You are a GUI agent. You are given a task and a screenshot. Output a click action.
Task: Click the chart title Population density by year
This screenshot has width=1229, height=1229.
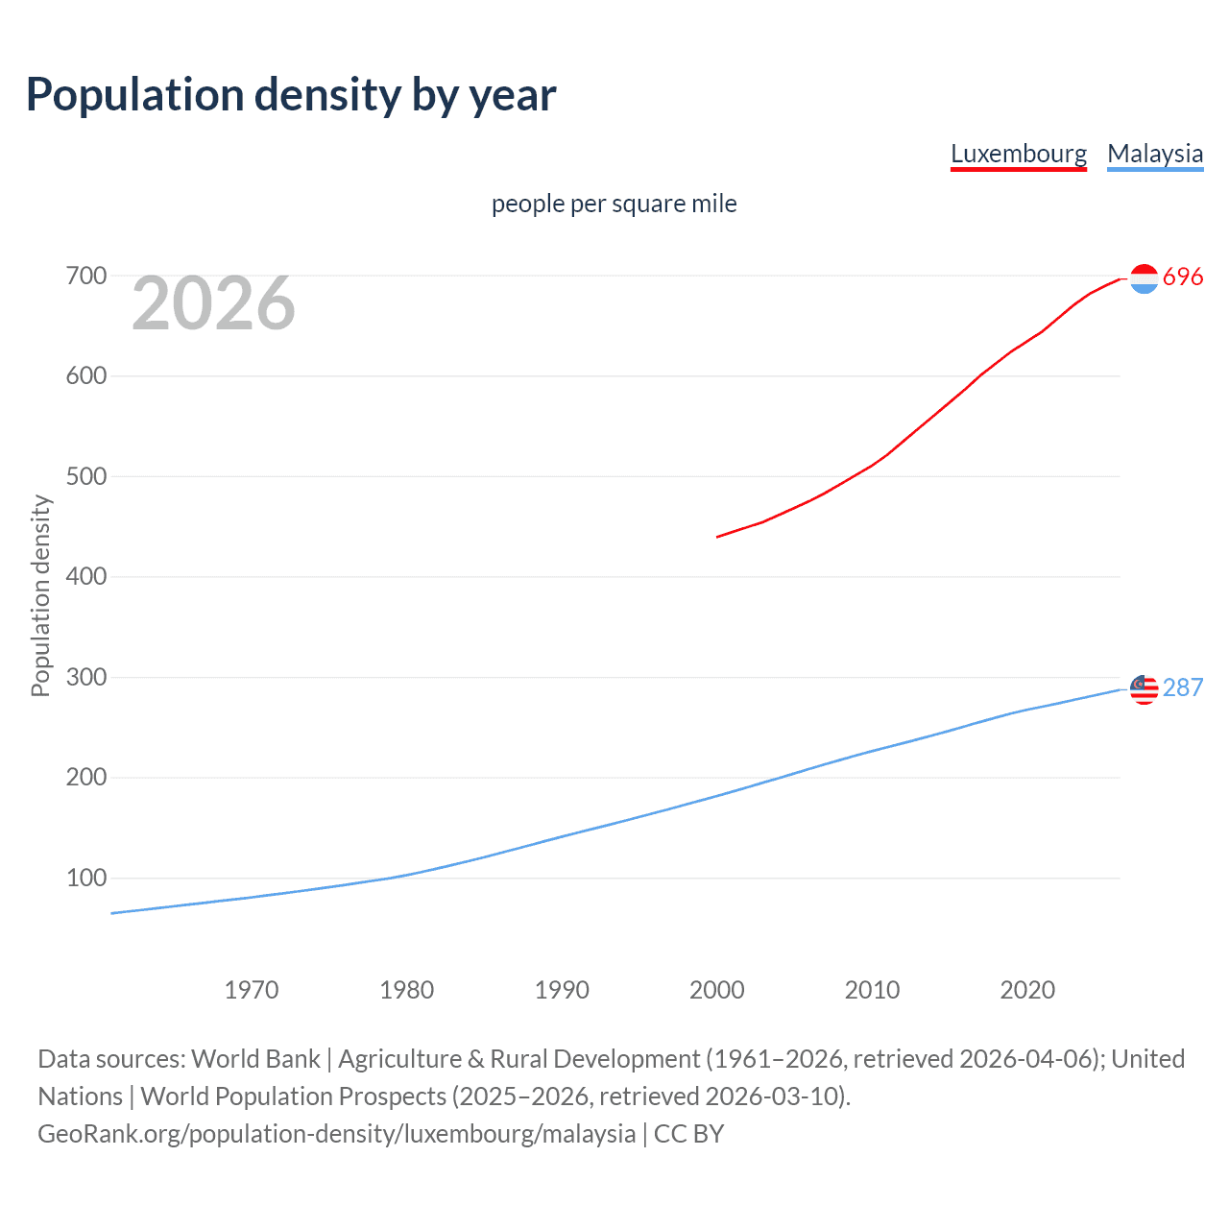pyautogui.click(x=291, y=95)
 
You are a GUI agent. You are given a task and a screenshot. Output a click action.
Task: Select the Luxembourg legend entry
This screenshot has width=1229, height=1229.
pyautogui.click(x=1018, y=154)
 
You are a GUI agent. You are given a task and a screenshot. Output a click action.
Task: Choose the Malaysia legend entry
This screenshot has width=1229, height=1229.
pyautogui.click(x=1154, y=154)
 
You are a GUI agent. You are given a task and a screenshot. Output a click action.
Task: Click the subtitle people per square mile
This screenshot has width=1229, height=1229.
pyautogui.click(x=614, y=204)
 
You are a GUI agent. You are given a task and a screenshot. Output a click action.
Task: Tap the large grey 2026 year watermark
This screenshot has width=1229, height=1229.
pyautogui.click(x=213, y=303)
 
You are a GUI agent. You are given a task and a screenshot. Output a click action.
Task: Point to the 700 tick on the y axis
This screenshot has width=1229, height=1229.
pyautogui.click(x=85, y=277)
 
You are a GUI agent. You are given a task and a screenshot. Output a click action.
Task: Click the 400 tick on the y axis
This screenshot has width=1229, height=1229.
pyautogui.click(x=85, y=577)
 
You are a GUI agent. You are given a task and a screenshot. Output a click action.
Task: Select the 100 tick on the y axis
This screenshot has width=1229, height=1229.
pyautogui.click(x=85, y=878)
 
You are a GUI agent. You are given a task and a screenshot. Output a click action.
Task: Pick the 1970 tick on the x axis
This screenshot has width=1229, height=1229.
pyautogui.click(x=252, y=990)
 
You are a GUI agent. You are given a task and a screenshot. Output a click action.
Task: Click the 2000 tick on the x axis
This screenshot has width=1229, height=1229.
pyautogui.click(x=717, y=990)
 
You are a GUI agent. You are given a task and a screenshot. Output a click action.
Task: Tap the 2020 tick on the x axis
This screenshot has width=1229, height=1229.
pyautogui.click(x=1027, y=990)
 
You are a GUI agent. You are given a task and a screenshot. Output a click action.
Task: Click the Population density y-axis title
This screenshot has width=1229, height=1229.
pyautogui.click(x=40, y=595)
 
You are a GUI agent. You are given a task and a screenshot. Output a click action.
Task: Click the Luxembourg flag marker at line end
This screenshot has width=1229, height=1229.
pyautogui.click(x=1144, y=278)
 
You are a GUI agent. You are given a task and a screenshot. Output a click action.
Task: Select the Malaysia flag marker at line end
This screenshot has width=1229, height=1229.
pyautogui.click(x=1144, y=689)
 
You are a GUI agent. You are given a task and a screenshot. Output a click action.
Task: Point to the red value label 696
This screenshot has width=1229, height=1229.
pyautogui.click(x=1183, y=277)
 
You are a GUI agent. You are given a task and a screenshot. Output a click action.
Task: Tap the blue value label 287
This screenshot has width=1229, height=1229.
pyautogui.click(x=1183, y=688)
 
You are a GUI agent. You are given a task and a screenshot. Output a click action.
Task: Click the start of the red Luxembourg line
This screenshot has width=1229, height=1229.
pyautogui.click(x=718, y=537)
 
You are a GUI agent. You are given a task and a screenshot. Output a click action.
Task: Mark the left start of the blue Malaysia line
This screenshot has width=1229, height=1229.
pyautogui.click(x=112, y=913)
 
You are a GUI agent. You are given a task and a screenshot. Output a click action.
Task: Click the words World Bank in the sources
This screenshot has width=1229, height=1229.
pyautogui.click(x=255, y=1059)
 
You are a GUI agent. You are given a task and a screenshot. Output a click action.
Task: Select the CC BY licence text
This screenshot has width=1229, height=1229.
pyautogui.click(x=688, y=1134)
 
